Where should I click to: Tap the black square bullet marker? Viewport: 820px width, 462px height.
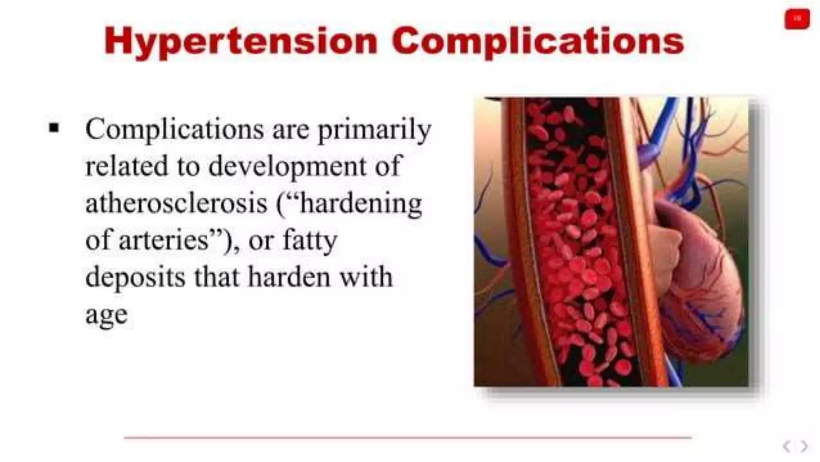(54, 128)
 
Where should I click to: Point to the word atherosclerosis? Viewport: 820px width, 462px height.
(176, 203)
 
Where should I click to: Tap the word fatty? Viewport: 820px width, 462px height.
(310, 240)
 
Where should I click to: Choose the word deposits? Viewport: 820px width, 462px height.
(135, 277)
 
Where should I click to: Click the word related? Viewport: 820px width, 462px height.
(127, 166)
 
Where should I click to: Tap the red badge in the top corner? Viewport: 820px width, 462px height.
(797, 19)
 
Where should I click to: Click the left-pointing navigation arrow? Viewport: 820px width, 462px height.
(787, 446)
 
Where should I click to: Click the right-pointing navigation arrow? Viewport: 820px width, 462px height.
(804, 446)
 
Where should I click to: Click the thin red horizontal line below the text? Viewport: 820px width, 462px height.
(407, 438)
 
